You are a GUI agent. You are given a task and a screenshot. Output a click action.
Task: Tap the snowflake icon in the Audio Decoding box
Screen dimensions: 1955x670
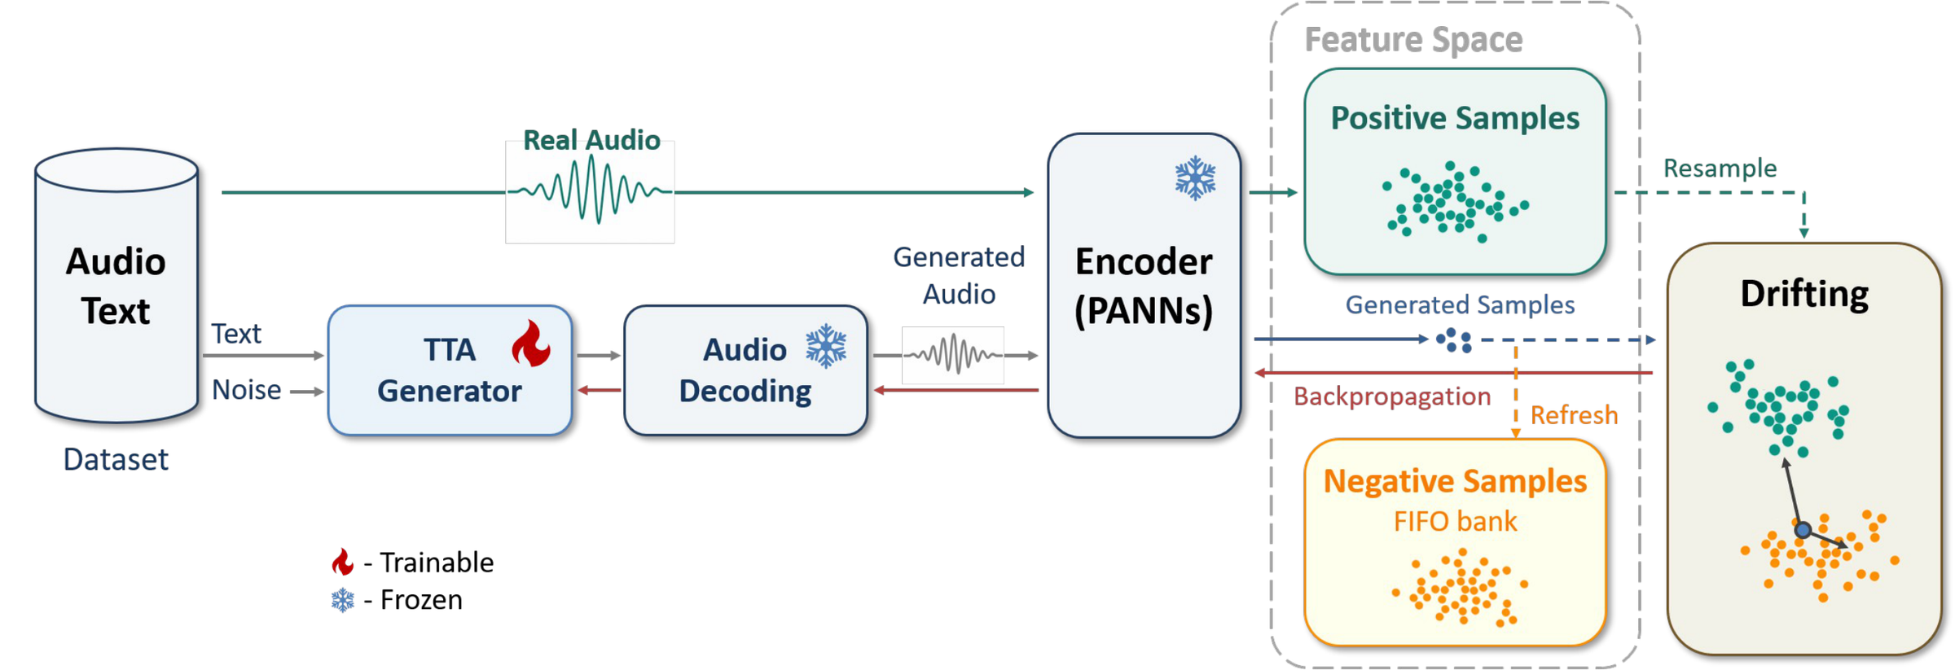826,346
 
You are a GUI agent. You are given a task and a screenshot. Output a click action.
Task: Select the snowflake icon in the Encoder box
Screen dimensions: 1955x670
1195,177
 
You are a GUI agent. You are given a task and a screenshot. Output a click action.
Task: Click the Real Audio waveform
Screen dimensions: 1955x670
590,191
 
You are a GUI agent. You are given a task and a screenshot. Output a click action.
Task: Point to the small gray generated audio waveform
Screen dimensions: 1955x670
953,355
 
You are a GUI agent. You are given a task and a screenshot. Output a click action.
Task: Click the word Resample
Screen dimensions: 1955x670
1720,168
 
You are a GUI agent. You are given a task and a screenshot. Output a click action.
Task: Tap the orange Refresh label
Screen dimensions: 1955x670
1574,415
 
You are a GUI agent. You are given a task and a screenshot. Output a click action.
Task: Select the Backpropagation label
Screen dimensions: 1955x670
1392,397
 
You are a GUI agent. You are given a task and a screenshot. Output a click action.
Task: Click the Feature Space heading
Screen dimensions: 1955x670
1413,40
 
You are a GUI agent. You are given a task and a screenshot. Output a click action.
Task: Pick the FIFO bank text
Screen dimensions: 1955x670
1455,521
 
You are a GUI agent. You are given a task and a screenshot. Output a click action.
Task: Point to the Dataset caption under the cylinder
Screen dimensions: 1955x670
116,460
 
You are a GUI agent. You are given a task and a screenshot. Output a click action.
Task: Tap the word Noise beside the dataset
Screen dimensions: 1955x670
246,390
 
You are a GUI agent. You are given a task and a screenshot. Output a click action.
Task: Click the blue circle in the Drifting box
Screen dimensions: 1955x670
1803,530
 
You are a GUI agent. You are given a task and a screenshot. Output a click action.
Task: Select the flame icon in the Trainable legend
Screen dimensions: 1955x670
343,562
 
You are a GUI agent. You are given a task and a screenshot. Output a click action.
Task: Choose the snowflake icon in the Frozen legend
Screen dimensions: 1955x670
343,600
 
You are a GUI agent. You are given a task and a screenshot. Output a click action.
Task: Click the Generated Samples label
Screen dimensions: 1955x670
1460,304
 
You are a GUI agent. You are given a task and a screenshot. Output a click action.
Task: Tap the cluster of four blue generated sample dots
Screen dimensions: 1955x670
1454,339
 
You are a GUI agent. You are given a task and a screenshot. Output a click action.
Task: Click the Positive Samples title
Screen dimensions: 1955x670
1455,119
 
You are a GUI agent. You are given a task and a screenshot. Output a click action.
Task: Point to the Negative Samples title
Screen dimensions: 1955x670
1455,481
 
